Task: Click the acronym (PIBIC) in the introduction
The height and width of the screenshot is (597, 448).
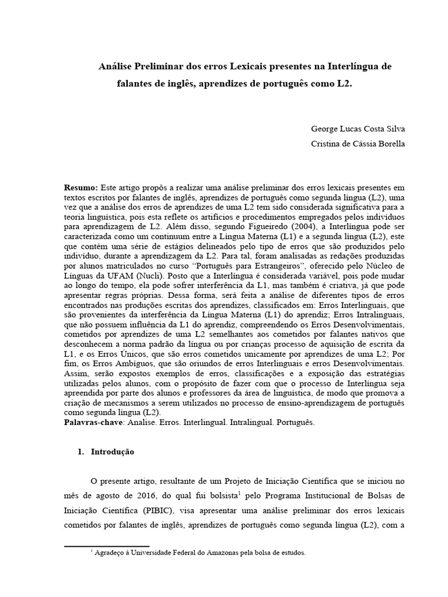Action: click(x=155, y=510)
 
